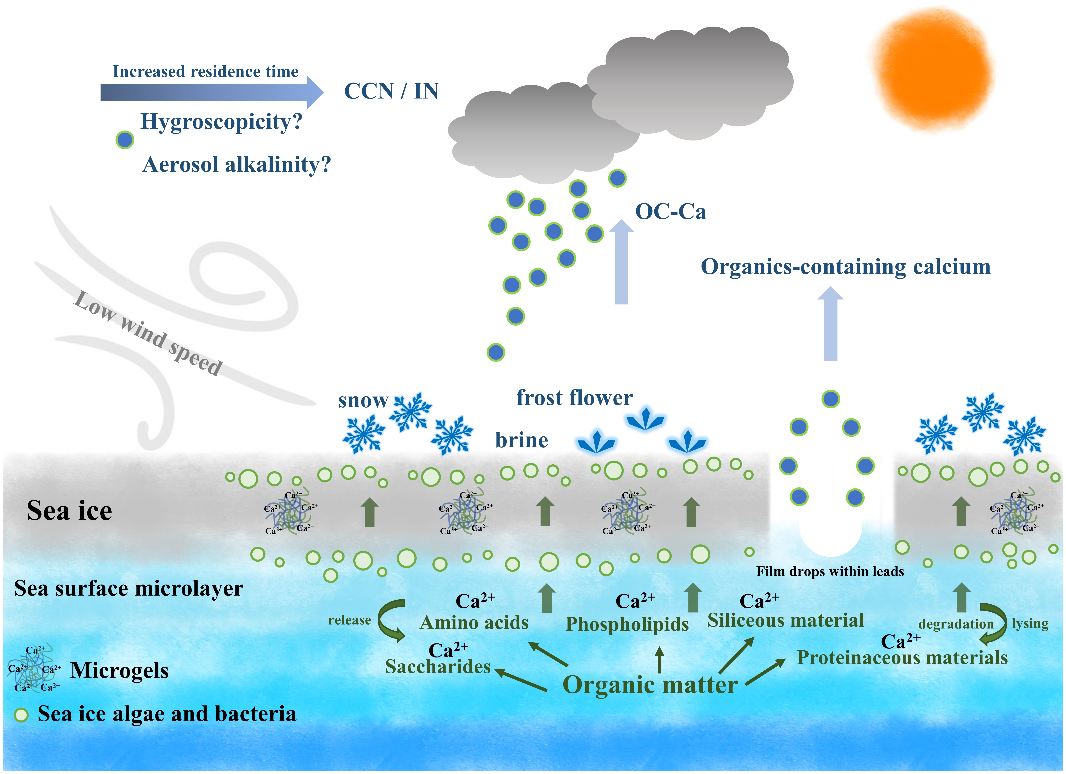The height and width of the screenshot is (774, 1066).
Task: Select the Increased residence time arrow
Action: (x=212, y=92)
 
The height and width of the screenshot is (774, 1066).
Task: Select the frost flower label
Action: (x=574, y=398)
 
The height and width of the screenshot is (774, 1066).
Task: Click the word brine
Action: (x=521, y=440)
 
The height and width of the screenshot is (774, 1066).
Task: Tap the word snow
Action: (x=363, y=401)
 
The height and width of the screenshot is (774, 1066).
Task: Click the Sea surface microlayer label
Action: (x=128, y=588)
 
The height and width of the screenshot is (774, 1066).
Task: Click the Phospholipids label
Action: (x=627, y=624)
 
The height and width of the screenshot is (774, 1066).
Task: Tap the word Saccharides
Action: (x=438, y=667)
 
